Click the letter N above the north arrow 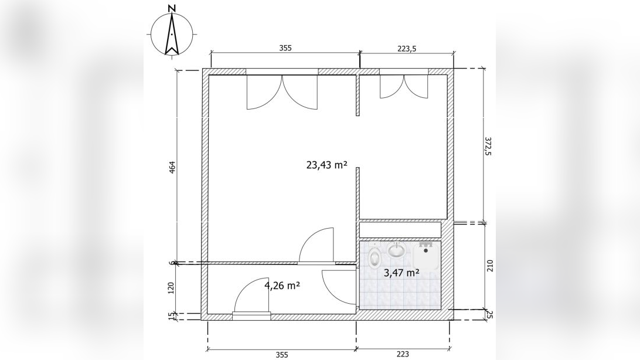(x=172, y=8)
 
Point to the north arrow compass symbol (x=172, y=34)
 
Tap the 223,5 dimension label (x=407, y=49)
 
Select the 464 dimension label (x=172, y=168)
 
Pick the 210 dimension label (x=490, y=266)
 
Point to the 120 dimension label (x=171, y=288)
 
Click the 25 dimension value (x=490, y=315)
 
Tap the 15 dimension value (x=172, y=317)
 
